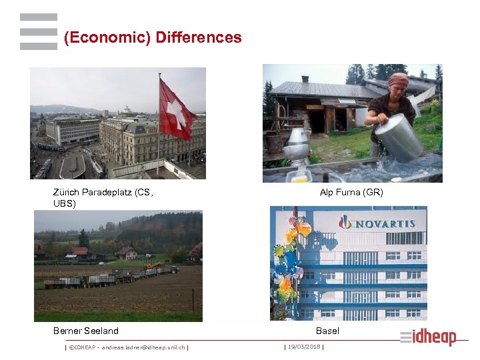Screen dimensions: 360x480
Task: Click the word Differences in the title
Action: coord(198,37)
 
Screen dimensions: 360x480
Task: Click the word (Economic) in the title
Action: coord(107,37)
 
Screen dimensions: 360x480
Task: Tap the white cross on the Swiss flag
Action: coord(176,114)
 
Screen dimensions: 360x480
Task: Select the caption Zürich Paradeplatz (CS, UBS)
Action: coord(103,198)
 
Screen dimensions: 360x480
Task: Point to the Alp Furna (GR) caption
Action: coord(351,193)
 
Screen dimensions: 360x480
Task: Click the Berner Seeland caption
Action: coord(86,331)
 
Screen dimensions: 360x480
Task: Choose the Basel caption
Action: coord(327,331)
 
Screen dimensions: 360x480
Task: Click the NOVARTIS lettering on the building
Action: coord(383,224)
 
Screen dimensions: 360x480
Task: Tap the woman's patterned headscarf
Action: coord(399,79)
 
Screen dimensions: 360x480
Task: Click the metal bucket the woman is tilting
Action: coord(398,137)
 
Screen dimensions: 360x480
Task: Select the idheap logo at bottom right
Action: coord(429,337)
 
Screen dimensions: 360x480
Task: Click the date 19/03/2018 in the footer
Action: coord(303,347)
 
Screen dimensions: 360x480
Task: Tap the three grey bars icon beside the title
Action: coord(38,32)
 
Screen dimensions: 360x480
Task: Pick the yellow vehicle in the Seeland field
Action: coord(153,265)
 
